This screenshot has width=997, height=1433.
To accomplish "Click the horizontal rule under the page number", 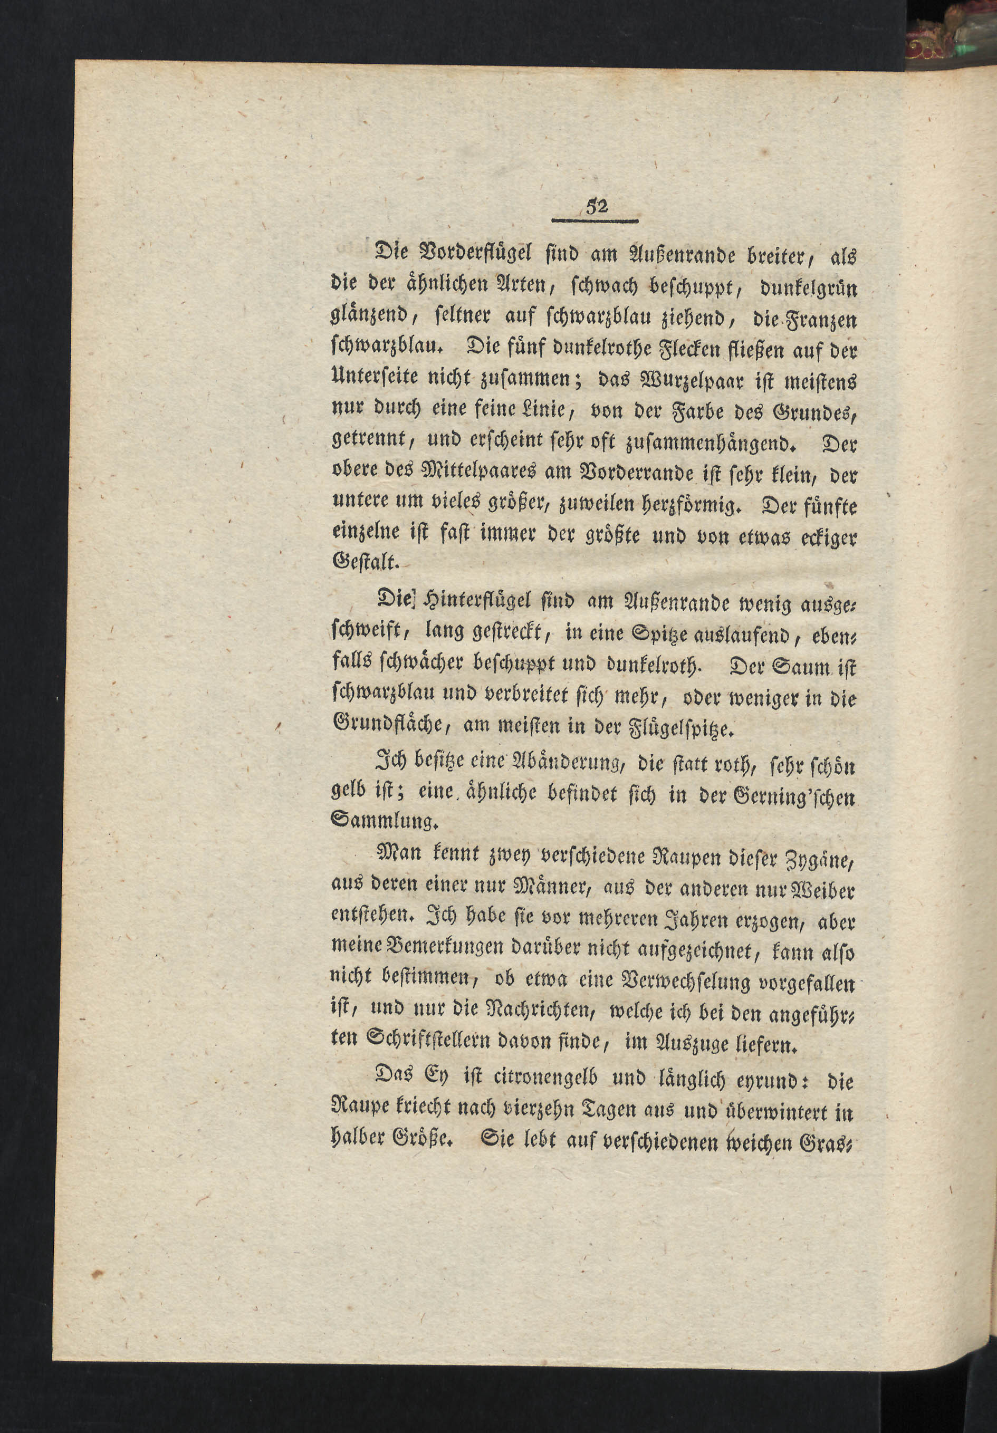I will point(596,220).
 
